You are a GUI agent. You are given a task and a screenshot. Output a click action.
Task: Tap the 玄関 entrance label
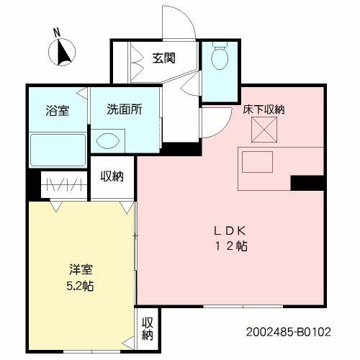click(164, 58)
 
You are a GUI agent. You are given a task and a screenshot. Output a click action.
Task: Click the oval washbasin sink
click(109, 141)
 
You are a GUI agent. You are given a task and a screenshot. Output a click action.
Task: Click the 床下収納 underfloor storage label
click(263, 110)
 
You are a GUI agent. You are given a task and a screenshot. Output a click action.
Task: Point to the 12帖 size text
click(230, 246)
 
